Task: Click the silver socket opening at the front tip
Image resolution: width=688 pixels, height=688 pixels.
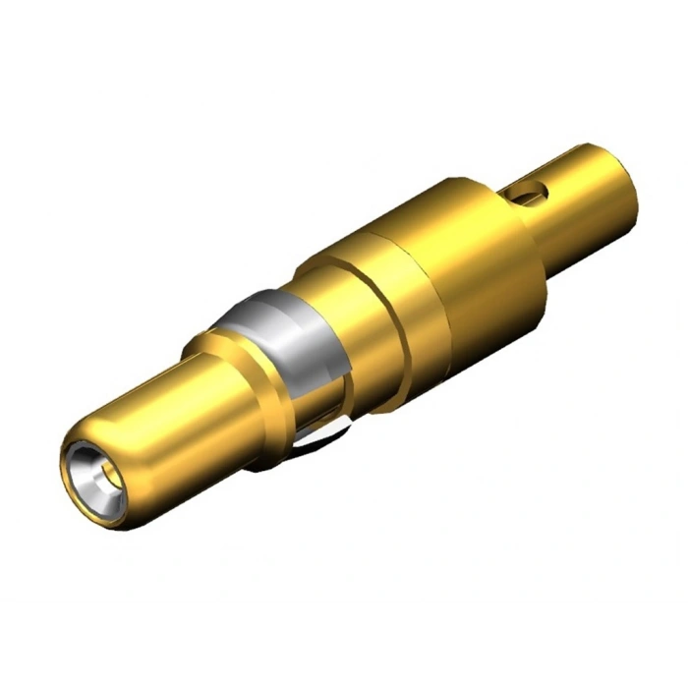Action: click(x=96, y=476)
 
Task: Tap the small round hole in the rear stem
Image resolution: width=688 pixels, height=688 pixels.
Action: click(x=531, y=189)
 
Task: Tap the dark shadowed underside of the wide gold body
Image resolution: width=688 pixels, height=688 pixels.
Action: click(x=462, y=344)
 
